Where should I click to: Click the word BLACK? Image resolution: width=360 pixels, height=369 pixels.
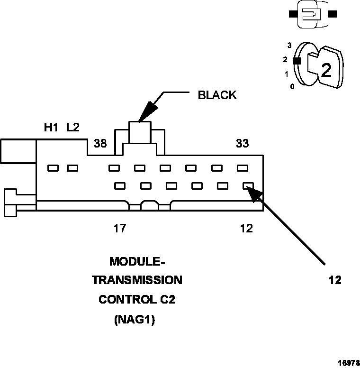pos(216,95)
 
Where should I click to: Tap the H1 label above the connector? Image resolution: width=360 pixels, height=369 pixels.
pos(51,128)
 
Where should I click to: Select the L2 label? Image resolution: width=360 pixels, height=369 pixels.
pos(73,128)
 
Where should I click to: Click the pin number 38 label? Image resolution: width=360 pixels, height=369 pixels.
pos(100,143)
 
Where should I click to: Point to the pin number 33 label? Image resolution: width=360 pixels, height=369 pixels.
pos(243,143)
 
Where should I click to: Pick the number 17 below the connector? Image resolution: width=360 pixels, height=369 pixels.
pos(119,229)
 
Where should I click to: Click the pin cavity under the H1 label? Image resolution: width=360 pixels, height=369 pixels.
pos(53,168)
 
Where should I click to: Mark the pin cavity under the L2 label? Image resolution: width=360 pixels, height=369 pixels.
pos(72,168)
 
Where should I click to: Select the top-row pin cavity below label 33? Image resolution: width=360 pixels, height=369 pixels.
pos(243,168)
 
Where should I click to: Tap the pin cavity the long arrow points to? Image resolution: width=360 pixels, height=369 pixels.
pos(248,186)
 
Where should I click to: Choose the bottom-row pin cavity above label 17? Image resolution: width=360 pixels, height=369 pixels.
pos(119,186)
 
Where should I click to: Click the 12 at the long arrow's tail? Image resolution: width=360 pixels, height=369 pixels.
pos(334,280)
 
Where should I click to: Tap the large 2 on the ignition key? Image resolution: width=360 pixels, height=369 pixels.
pos(326,70)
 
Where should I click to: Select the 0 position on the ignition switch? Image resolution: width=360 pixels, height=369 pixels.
pos(292,86)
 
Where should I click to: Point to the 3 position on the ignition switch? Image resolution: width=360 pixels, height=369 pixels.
pos(289,46)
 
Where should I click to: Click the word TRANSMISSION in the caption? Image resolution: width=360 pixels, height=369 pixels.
pos(137,280)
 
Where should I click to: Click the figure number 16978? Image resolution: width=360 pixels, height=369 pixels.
pos(348,362)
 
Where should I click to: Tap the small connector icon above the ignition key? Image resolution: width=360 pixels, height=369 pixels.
pos(313,14)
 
